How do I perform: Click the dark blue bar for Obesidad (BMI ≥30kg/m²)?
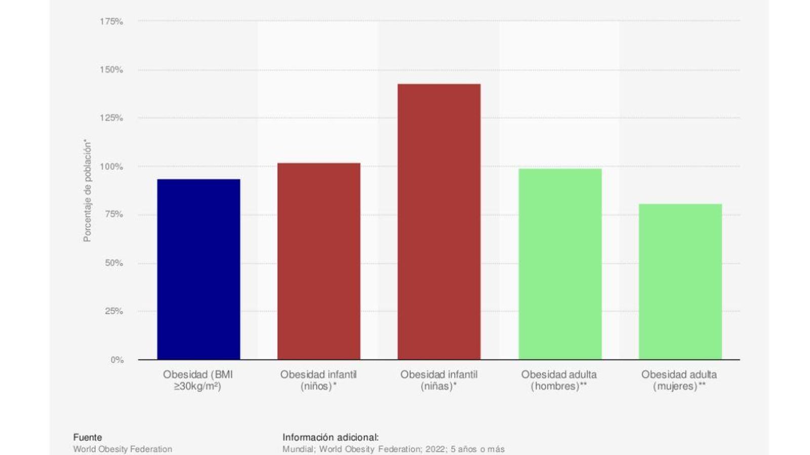tap(198, 269)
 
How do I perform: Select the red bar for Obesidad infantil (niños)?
tap(319, 261)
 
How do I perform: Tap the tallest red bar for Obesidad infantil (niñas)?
tap(439, 221)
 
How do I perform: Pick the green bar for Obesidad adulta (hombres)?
tap(560, 264)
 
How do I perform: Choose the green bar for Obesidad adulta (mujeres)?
tap(680, 282)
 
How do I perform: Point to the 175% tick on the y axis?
tap(111, 21)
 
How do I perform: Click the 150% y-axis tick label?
tap(111, 70)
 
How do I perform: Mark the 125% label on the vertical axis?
tap(111, 118)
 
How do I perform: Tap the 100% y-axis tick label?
tap(111, 166)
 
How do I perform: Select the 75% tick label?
tap(113, 214)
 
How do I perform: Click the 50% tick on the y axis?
tap(113, 263)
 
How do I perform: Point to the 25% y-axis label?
tap(113, 311)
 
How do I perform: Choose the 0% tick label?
tap(116, 359)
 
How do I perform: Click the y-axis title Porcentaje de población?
tap(87, 191)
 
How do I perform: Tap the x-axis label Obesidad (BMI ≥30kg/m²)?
tap(198, 381)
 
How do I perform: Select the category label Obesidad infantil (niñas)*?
tap(439, 381)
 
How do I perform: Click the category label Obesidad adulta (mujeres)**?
tap(679, 381)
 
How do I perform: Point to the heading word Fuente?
tap(88, 437)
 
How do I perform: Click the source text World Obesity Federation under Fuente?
tap(123, 449)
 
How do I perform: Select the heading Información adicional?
tap(331, 437)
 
